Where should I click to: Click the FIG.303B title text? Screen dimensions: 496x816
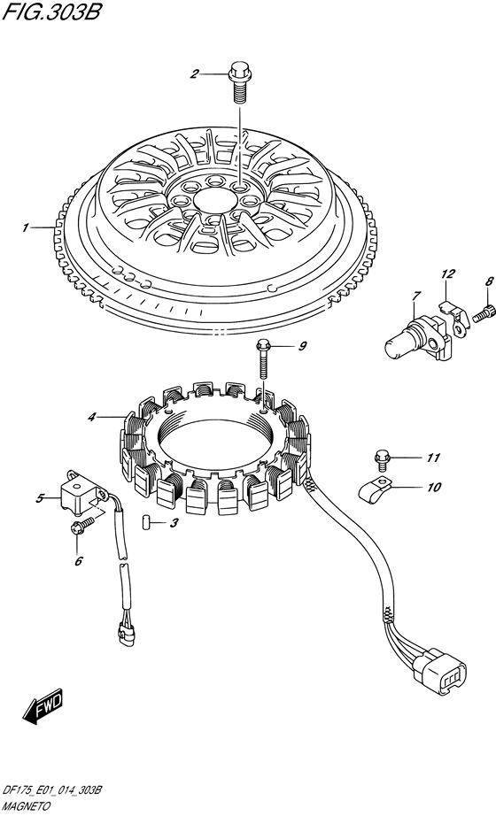50,12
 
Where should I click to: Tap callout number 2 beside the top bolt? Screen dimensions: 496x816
194,74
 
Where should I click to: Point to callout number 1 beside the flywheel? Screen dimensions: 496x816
24,228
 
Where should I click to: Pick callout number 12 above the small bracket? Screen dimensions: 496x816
448,273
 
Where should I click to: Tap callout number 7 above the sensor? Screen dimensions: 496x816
415,296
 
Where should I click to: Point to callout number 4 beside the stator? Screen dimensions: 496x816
92,417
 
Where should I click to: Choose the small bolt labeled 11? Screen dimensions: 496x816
381,458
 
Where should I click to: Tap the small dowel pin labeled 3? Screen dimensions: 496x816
146,521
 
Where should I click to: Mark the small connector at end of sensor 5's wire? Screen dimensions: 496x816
125,631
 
